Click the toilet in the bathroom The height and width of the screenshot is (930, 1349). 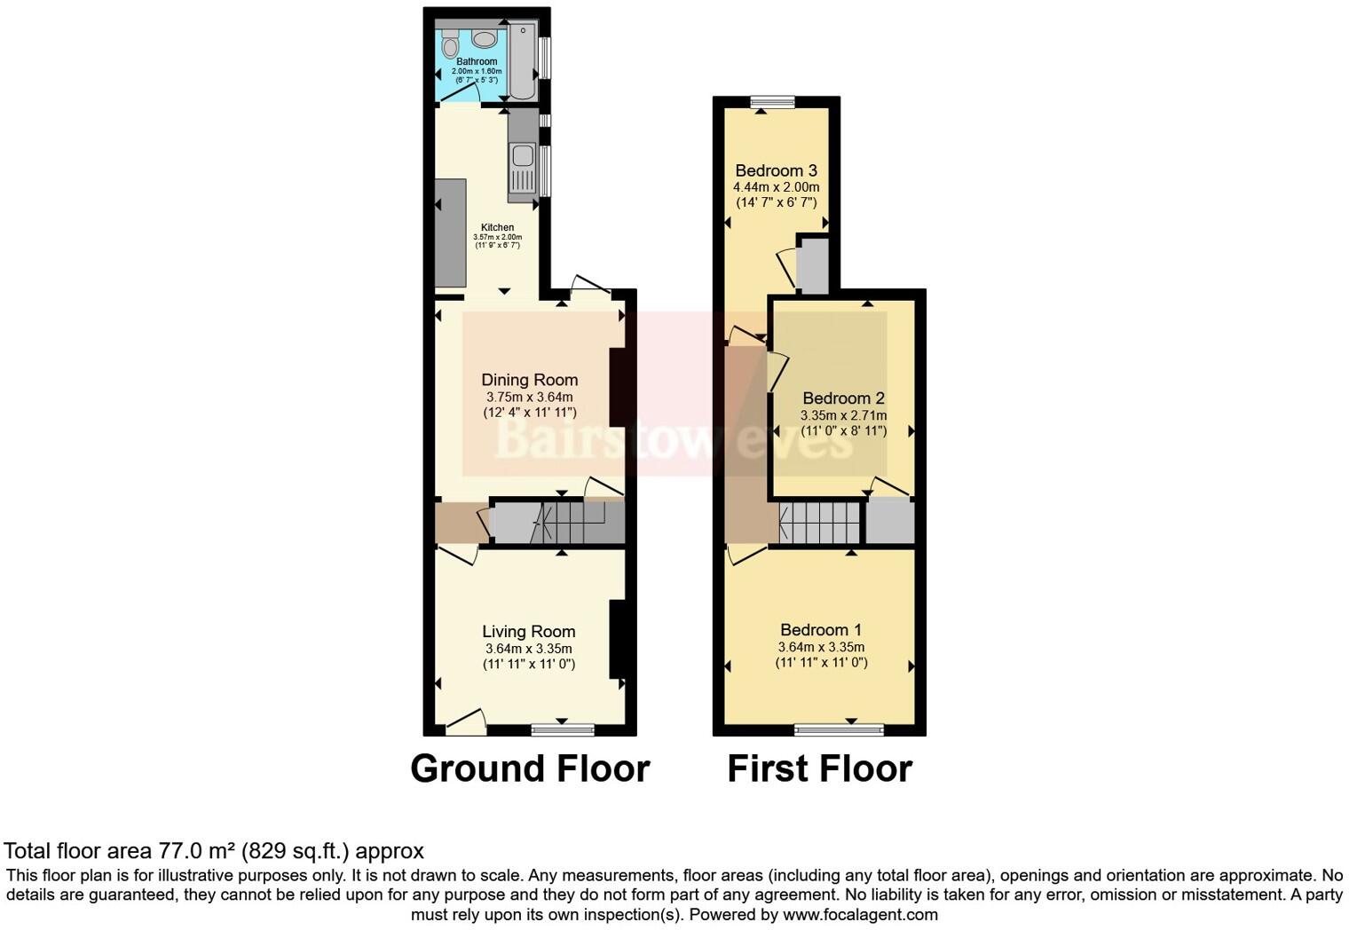(x=450, y=44)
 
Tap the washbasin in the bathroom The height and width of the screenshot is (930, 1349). (x=485, y=39)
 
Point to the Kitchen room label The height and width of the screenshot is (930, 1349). (x=497, y=227)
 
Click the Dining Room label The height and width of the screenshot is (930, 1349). (x=529, y=380)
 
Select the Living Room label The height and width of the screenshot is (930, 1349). (x=529, y=632)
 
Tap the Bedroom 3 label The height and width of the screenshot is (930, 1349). (x=776, y=170)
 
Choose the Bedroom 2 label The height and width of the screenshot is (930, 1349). (x=843, y=398)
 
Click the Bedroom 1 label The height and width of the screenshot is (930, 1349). (x=821, y=630)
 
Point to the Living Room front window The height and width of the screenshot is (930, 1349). (x=563, y=729)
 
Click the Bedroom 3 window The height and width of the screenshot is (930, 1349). (x=771, y=102)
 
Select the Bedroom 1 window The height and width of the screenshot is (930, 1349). (x=839, y=729)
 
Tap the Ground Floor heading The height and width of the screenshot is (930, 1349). (x=530, y=768)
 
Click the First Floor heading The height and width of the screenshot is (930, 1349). (x=819, y=768)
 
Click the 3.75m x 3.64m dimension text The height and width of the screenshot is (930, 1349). (x=529, y=397)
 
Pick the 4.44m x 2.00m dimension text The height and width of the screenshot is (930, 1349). (x=776, y=187)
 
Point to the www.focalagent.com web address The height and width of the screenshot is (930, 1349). (x=860, y=914)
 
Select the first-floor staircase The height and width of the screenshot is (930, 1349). (x=820, y=523)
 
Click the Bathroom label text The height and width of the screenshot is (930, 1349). (x=477, y=61)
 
